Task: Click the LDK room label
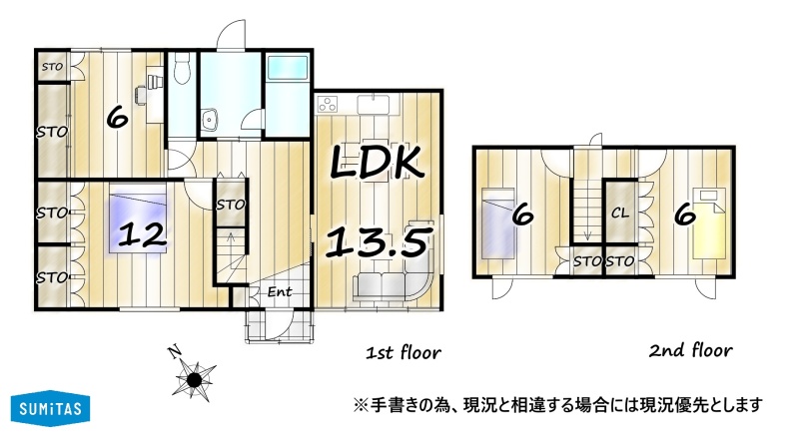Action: [x=378, y=162]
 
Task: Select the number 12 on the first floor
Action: [x=142, y=235]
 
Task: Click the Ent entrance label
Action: [x=280, y=292]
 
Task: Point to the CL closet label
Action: [x=620, y=213]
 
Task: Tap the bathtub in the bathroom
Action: [x=288, y=68]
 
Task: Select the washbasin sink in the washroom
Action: [x=209, y=120]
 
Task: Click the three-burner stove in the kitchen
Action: [x=328, y=104]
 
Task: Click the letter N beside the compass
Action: [x=175, y=352]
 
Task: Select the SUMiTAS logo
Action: [x=51, y=408]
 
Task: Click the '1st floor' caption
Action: [x=403, y=352]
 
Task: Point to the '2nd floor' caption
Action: [x=691, y=350]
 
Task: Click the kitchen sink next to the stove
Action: [x=374, y=104]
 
